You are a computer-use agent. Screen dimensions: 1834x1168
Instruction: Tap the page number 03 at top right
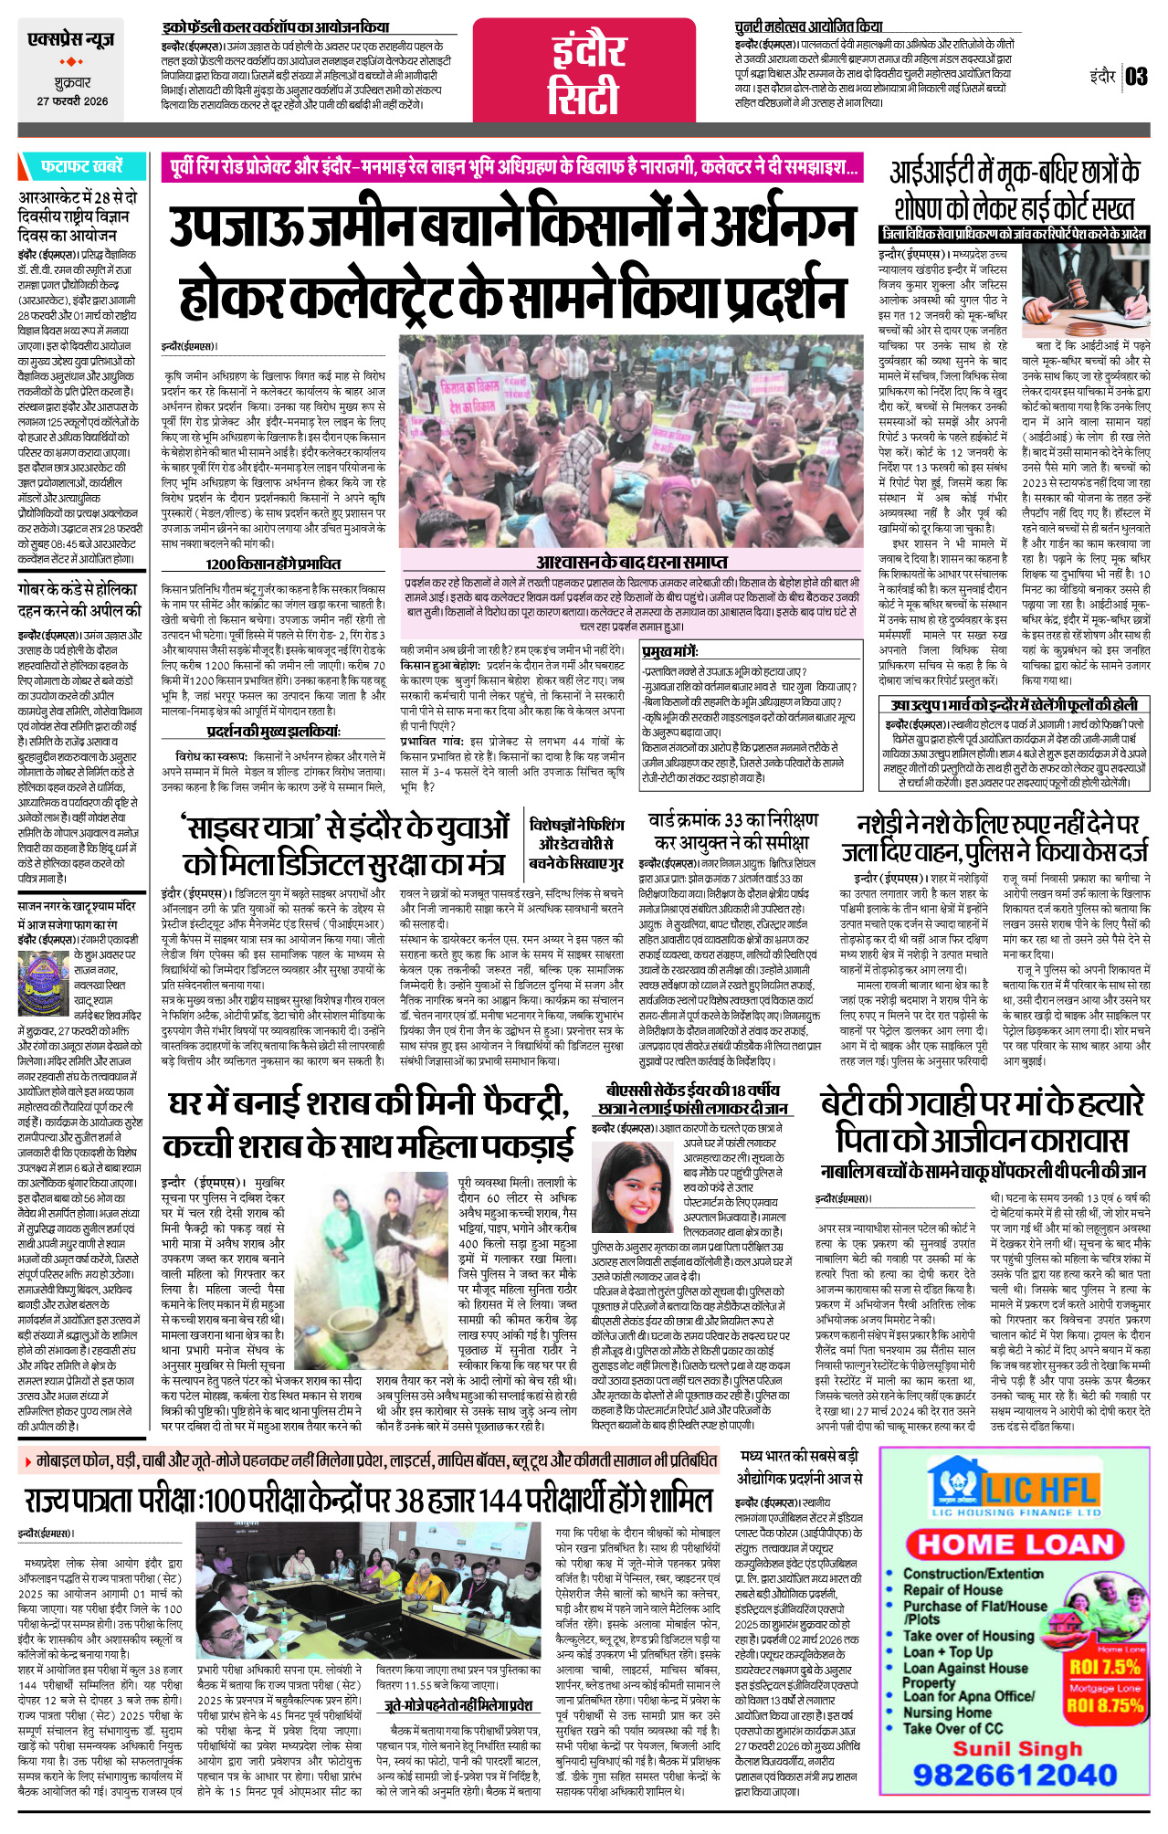coord(1136,76)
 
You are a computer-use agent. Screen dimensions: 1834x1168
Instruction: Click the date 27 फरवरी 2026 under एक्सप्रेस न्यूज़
coord(72,101)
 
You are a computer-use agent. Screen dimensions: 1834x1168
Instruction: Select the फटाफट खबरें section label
coord(80,166)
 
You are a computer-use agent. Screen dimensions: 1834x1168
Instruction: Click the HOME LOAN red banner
coord(1015,1544)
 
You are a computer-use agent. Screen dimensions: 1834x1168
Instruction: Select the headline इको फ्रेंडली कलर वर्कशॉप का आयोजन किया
coord(276,27)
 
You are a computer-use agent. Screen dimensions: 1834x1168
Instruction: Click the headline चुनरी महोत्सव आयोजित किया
coord(808,26)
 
